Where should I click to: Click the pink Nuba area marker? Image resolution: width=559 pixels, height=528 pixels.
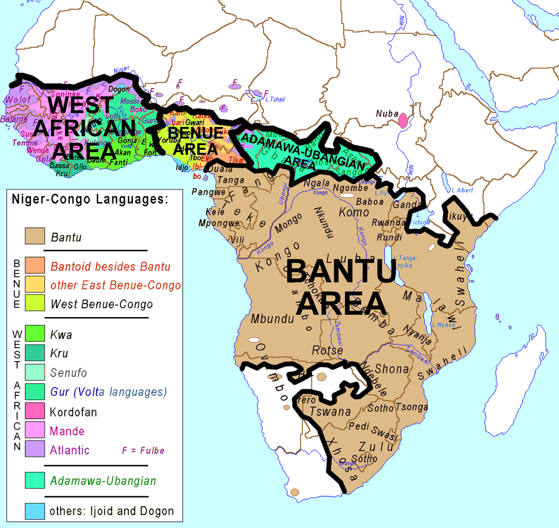[403, 121]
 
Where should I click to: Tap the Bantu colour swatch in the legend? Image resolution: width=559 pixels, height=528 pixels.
[35, 237]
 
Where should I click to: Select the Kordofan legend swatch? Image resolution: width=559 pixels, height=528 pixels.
[35, 411]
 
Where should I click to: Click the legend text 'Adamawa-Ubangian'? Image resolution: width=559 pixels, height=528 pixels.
[102, 480]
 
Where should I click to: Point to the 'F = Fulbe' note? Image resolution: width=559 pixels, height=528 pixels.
[143, 450]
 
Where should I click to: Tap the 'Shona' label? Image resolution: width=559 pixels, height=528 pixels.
[392, 369]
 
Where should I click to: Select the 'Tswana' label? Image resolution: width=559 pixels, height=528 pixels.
[330, 411]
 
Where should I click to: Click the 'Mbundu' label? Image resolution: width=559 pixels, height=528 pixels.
[269, 319]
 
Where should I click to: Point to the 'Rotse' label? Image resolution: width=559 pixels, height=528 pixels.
[327, 351]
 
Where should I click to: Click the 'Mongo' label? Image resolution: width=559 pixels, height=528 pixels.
[288, 223]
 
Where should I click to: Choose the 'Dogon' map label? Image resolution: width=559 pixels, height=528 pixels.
[119, 89]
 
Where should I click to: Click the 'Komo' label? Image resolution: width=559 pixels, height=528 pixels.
[354, 212]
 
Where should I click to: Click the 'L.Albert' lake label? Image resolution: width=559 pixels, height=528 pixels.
[462, 190]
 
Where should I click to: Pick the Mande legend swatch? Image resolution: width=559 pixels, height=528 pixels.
[35, 431]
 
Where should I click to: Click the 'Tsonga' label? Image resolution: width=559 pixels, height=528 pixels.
[411, 407]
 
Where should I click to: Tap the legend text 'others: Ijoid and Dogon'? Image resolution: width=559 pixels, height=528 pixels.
[111, 511]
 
